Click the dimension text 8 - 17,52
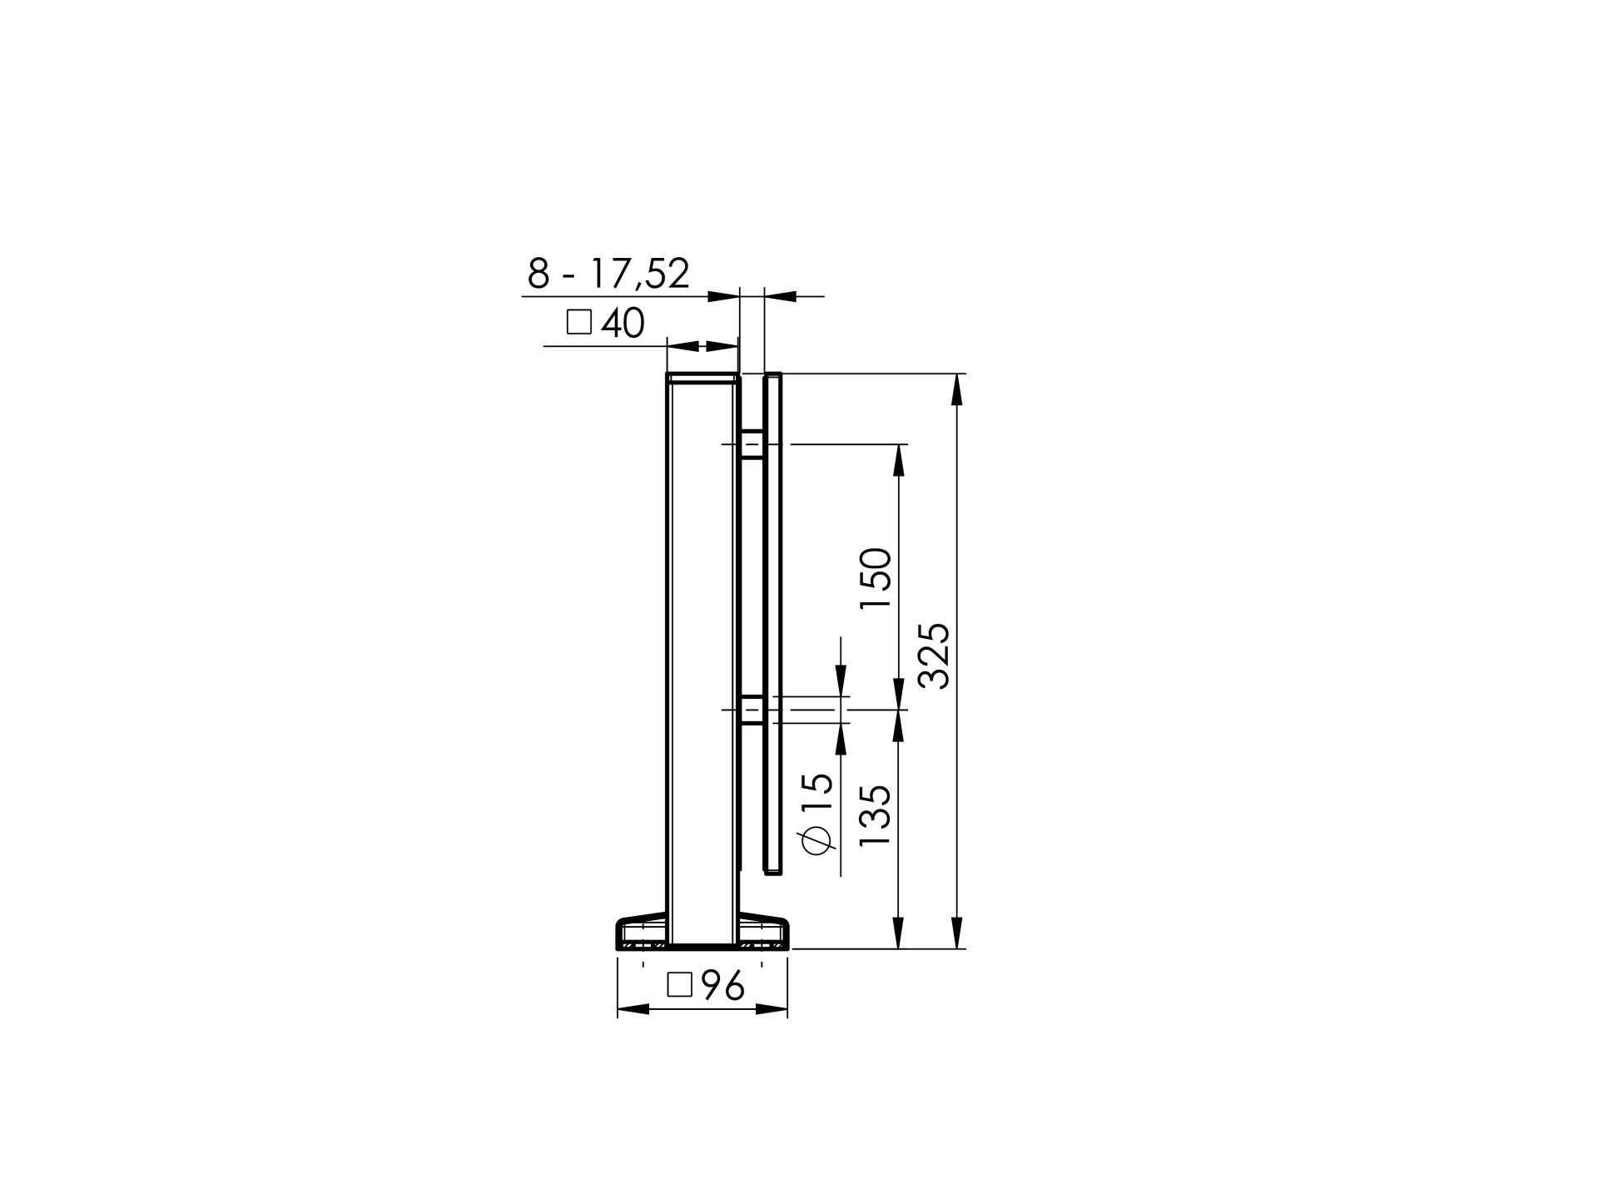(x=608, y=274)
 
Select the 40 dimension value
(x=623, y=323)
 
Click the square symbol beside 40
(x=578, y=322)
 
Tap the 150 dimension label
(x=876, y=578)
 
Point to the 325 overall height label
(x=934, y=656)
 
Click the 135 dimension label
(x=876, y=816)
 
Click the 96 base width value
(x=722, y=986)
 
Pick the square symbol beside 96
(x=679, y=985)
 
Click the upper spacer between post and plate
(x=752, y=444)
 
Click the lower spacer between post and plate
(x=752, y=710)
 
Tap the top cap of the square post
(x=702, y=378)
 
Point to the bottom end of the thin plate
(x=773, y=870)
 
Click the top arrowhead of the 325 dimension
(x=957, y=389)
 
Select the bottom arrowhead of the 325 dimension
(x=957, y=933)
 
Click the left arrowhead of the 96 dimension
(x=633, y=1009)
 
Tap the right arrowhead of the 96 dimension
(x=772, y=1009)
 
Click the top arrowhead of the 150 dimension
(x=898, y=460)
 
